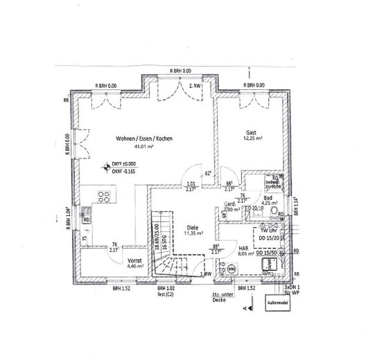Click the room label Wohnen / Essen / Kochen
(144, 138)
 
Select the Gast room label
(252, 132)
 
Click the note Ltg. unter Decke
(220, 298)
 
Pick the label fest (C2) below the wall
(167, 294)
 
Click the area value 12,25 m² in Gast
(252, 140)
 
